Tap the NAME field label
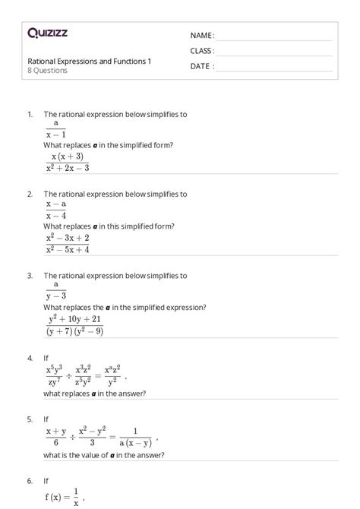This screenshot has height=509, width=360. [x=202, y=36]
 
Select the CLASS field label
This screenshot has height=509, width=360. [x=202, y=51]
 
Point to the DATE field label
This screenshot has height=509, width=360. [x=202, y=66]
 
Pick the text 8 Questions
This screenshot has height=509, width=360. [x=48, y=71]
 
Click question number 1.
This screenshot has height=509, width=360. [x=30, y=114]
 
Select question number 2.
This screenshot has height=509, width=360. [x=30, y=194]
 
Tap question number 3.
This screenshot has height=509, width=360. [x=30, y=276]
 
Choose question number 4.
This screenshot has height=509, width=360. [x=30, y=356]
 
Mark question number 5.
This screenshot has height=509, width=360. [x=30, y=419]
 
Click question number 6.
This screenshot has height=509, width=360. [x=30, y=480]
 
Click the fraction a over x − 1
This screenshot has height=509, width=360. [x=55, y=128]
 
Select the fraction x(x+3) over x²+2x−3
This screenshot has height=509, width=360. [x=68, y=162]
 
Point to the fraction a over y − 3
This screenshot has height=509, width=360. [x=55, y=290]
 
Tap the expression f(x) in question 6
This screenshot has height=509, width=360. [x=55, y=498]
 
